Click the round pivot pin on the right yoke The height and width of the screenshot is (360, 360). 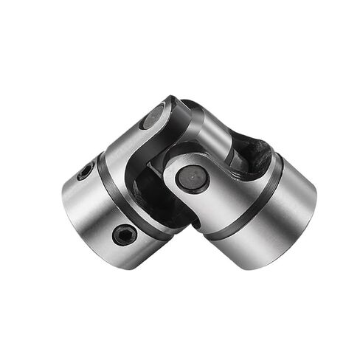tap(193, 179)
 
